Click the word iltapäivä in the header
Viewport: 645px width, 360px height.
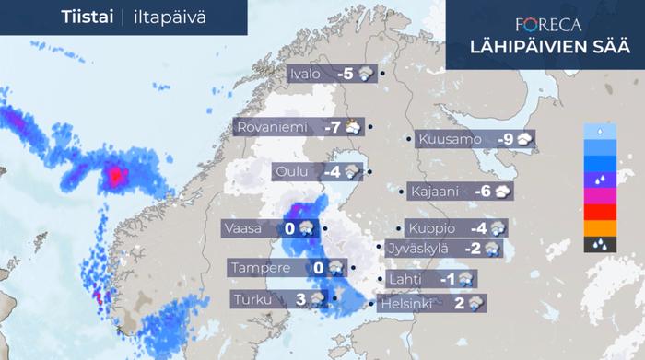tap(167, 17)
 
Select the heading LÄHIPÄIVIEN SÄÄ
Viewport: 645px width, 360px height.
tap(547, 48)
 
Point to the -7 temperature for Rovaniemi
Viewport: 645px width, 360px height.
tap(331, 127)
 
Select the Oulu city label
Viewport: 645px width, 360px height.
tap(295, 171)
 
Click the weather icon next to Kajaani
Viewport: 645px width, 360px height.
tap(502, 192)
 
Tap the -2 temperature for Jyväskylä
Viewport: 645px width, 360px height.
tap(472, 248)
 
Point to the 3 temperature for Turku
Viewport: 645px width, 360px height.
tap(300, 298)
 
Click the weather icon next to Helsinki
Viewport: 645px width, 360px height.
tap(475, 302)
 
